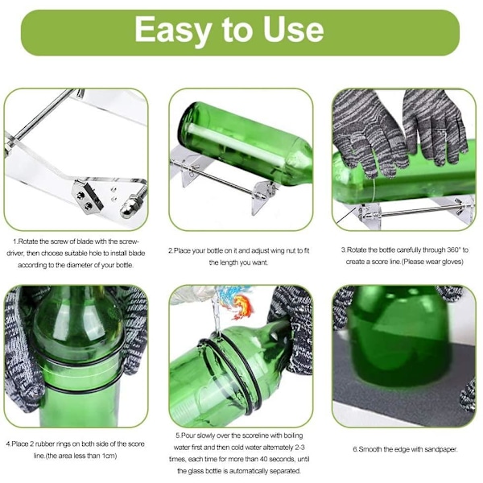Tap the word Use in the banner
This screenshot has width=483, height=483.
click(293, 30)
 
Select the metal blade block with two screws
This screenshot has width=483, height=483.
click(87, 198)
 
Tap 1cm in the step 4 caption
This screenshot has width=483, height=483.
click(109, 456)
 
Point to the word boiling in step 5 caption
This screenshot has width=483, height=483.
click(293, 436)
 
